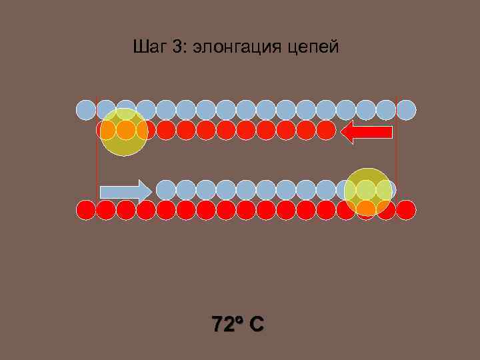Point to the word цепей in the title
click(x=315, y=48)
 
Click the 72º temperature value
click(x=223, y=325)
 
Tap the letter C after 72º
click(x=257, y=325)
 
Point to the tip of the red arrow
click(x=342, y=132)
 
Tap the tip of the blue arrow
click(x=151, y=191)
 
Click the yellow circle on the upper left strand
click(x=124, y=132)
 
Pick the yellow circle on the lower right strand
click(x=368, y=192)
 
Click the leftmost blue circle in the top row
click(x=86, y=109)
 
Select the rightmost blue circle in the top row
click(x=406, y=109)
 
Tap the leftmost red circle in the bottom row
click(x=86, y=209)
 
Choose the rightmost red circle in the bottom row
click(x=406, y=209)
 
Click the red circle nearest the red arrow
click(x=326, y=129)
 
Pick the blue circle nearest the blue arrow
click(x=166, y=189)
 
